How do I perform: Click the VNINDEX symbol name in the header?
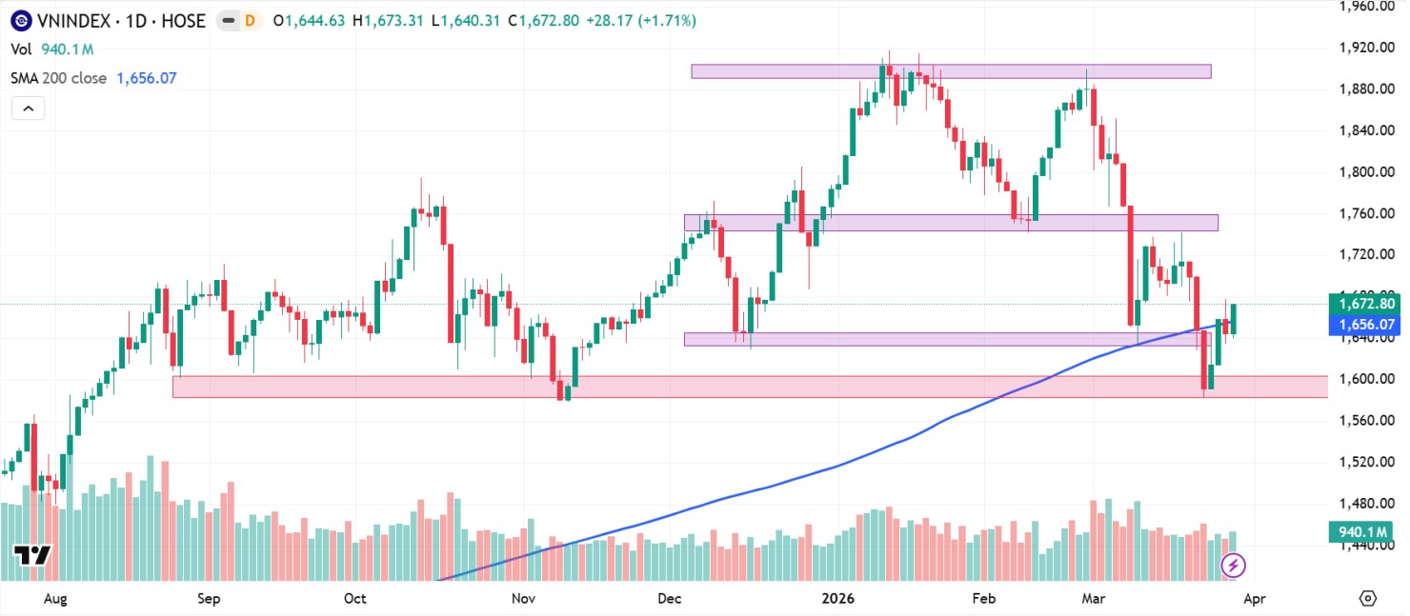point(71,20)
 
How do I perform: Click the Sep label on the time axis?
point(208,599)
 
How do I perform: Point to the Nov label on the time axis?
point(522,599)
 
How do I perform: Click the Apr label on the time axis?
point(1255,599)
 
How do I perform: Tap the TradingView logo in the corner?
point(31,555)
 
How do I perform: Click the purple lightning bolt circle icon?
point(1234,566)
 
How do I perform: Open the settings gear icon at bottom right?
point(1368,599)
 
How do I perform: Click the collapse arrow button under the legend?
point(29,109)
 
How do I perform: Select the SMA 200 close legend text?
point(59,78)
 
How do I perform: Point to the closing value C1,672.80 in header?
point(544,20)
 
